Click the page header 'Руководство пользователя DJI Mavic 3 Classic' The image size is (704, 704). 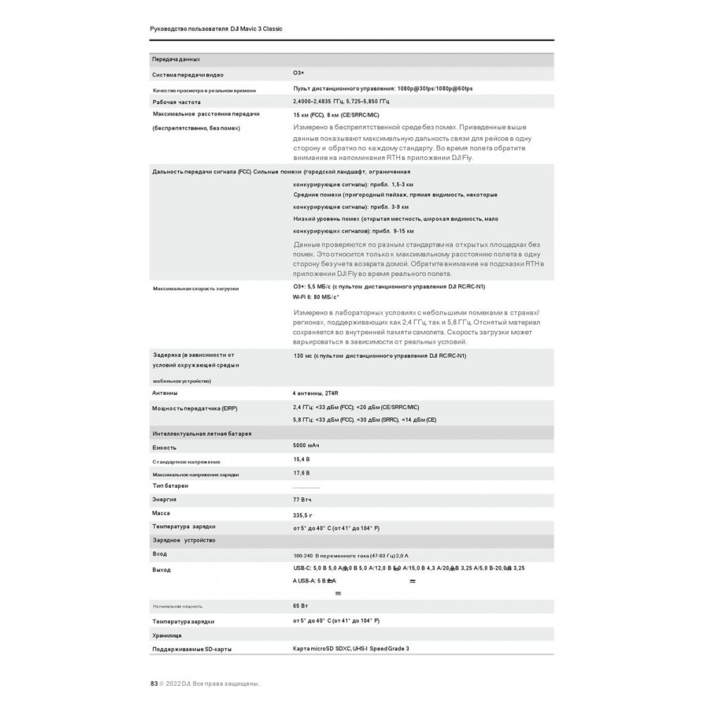(217, 29)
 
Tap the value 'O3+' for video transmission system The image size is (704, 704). (298, 73)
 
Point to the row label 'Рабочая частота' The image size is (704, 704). (177, 102)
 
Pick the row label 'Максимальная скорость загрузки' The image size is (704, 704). (196, 289)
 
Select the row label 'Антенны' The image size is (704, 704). (165, 393)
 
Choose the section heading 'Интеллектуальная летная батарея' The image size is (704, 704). (201, 434)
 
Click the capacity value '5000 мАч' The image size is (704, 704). (306, 446)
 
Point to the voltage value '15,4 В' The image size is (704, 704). (301, 459)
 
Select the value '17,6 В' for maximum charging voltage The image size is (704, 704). (301, 473)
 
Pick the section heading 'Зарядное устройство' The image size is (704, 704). (184, 540)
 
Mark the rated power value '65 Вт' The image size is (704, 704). (301, 605)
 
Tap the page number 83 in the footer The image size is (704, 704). (153, 683)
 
